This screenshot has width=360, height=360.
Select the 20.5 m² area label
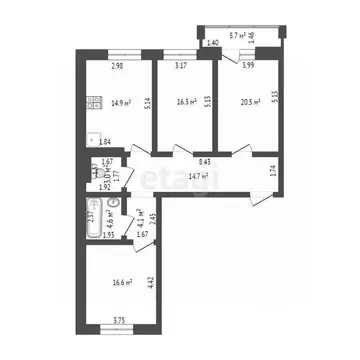point(249,101)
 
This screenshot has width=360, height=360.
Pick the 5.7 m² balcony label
point(240,35)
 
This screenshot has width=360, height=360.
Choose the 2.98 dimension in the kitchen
point(118,66)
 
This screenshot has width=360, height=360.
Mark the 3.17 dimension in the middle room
point(181,66)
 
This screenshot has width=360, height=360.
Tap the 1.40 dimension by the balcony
point(211,43)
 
